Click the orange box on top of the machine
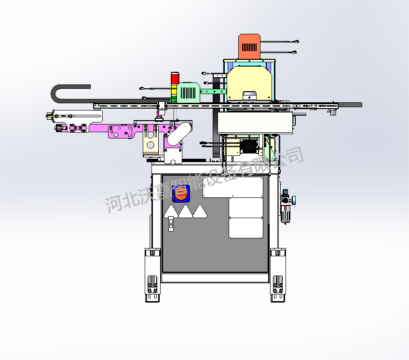point(249,46)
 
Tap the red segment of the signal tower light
point(175,78)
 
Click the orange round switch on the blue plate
point(181,194)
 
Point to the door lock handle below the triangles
point(171,223)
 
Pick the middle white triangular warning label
point(186,211)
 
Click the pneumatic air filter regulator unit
point(286,206)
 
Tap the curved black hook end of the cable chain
point(55,94)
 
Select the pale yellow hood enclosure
point(249,83)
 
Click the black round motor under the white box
point(249,146)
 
